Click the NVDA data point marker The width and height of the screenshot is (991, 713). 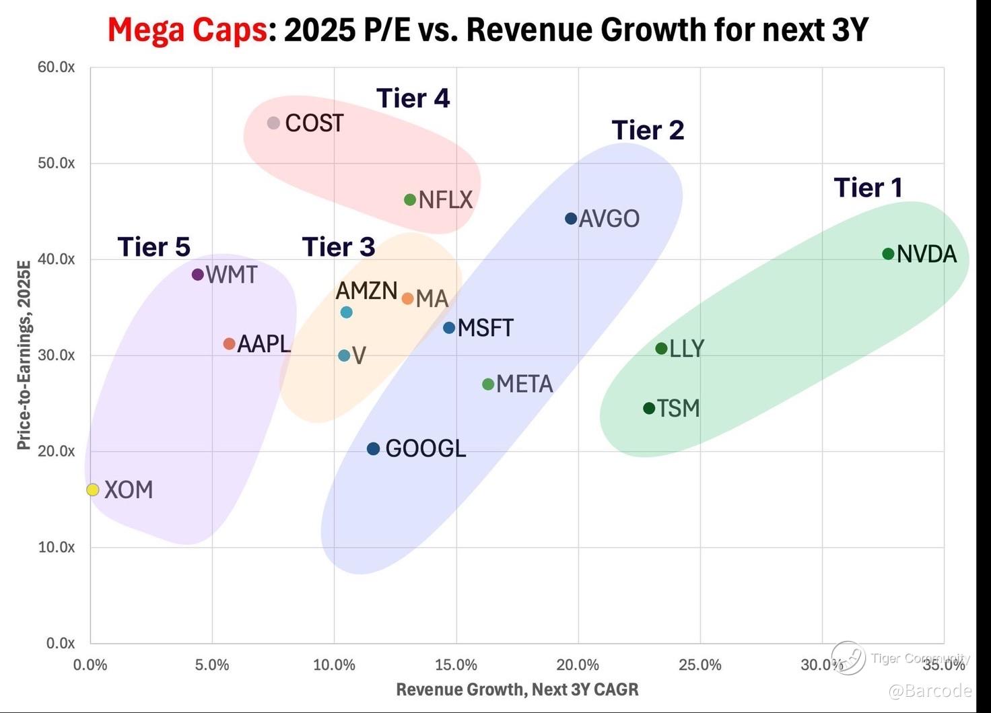point(888,254)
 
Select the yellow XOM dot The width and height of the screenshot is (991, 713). point(93,489)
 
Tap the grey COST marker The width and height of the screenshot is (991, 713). point(273,123)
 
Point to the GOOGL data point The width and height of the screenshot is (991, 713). point(373,448)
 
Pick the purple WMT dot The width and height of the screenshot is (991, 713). point(197,274)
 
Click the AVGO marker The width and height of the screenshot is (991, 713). point(571,218)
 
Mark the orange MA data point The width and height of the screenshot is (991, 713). point(407,298)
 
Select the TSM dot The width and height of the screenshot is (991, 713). point(649,408)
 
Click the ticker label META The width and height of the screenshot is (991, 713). point(524,384)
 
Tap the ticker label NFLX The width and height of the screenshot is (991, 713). point(446,199)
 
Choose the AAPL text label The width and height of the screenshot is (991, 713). point(264,343)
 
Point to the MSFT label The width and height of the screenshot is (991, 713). point(485,328)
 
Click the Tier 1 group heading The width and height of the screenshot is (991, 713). point(868,187)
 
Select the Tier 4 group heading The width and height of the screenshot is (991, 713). point(413,98)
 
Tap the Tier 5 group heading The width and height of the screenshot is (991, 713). point(153,247)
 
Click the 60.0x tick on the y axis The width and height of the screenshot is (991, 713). point(56,67)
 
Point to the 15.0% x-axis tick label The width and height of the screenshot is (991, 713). point(456,665)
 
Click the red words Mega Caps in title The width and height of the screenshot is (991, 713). point(187,30)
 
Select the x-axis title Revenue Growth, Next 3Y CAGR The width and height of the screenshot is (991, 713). point(517,689)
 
